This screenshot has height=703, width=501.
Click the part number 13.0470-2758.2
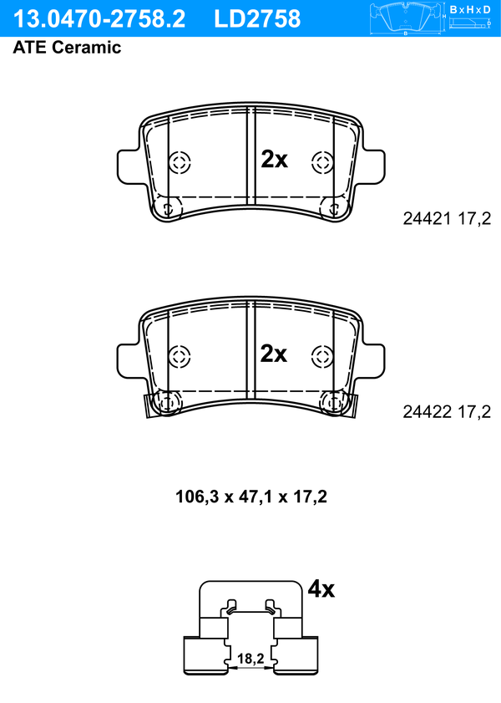[99, 19]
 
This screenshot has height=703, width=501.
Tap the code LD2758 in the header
[257, 19]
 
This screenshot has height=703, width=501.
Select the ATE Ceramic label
[67, 47]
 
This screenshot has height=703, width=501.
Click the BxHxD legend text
[470, 9]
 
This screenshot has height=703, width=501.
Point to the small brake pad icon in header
[406, 18]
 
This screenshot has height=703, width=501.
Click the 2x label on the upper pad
[274, 159]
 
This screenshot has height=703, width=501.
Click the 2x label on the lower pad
[274, 354]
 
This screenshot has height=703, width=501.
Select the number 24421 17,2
[447, 219]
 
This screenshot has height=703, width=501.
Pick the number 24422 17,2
[447, 411]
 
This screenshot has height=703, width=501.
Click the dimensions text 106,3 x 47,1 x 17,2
[251, 497]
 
